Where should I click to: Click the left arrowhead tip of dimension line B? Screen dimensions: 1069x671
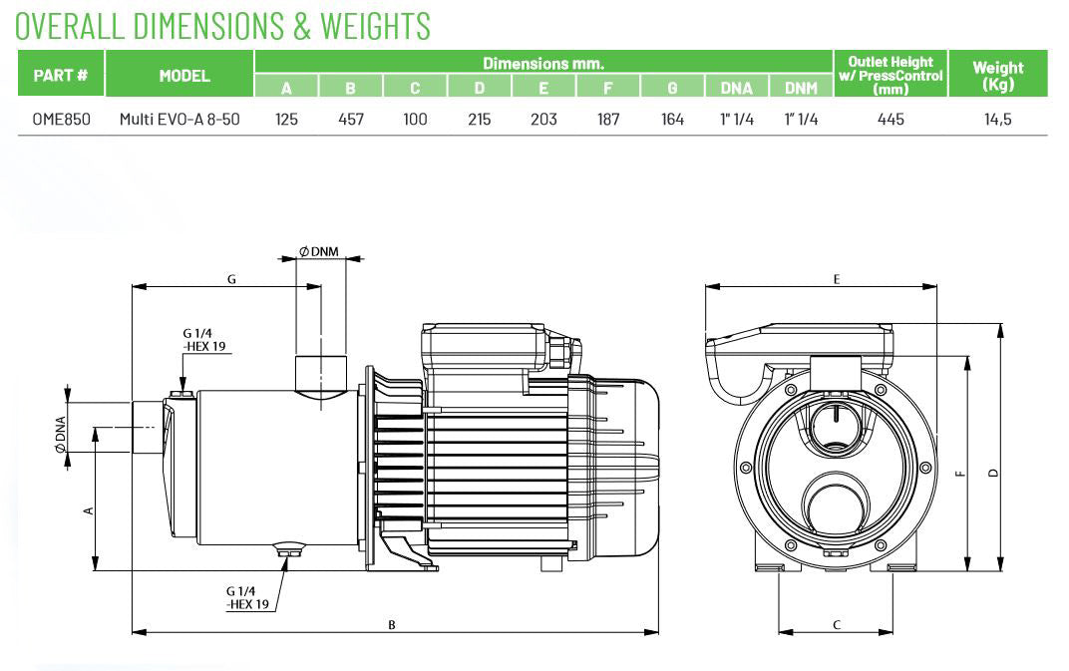pos(133,632)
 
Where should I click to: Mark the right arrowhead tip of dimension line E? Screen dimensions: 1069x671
pos(936,287)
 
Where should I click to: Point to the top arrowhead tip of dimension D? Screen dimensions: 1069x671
pos(1000,325)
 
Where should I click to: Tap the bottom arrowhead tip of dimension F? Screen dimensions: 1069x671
pos(967,570)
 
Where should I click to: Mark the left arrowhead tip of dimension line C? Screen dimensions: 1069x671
pos(779,632)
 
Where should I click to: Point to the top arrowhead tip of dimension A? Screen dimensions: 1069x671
pos(95,428)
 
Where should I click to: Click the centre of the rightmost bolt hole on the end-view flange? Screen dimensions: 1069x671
pos(925,468)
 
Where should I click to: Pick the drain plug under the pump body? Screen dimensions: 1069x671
pos(290,548)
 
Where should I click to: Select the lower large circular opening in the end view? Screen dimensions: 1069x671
pos(836,504)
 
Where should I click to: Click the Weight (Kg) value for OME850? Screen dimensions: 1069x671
pos(997,120)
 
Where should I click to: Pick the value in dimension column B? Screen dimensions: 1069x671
pos(351,120)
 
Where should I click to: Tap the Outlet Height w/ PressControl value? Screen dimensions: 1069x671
pos(891,120)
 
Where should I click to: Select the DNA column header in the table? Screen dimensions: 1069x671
pos(736,88)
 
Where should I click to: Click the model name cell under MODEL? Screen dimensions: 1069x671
pos(179,120)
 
